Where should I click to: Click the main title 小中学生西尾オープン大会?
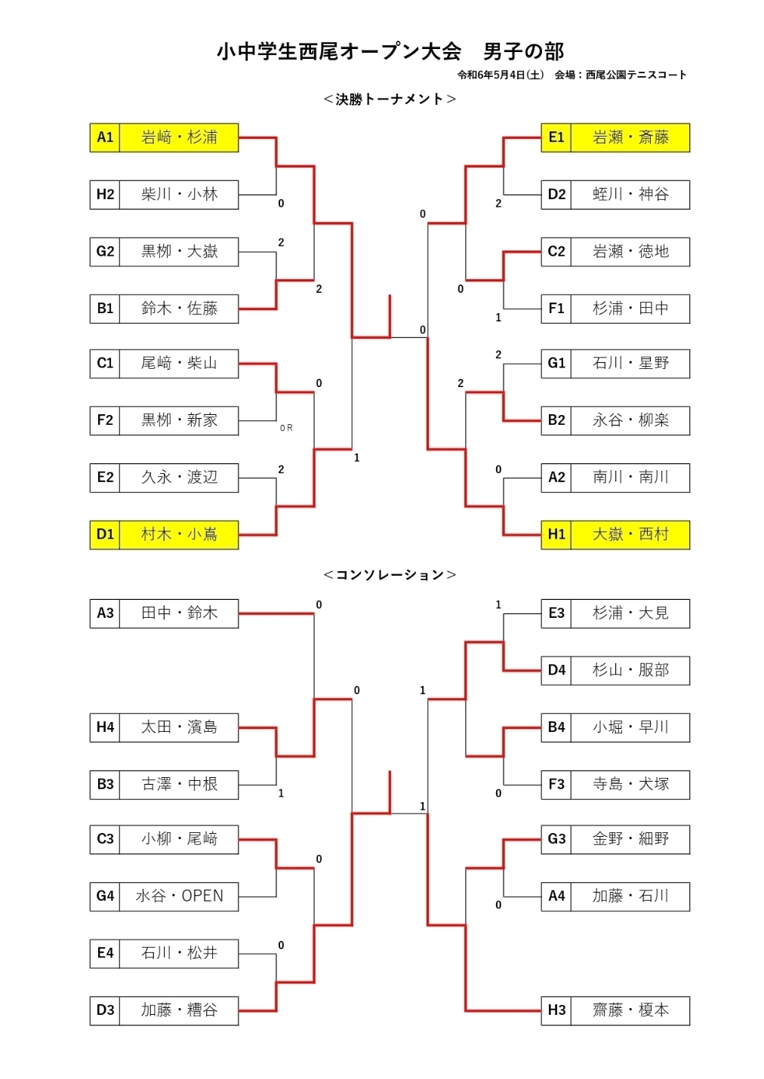click(339, 51)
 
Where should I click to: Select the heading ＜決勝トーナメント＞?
click(390, 99)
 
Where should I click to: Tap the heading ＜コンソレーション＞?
click(390, 575)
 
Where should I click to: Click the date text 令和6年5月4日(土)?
click(500, 75)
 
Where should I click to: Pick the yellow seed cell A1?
click(105, 137)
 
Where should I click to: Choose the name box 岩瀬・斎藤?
click(630, 137)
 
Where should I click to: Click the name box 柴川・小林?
click(179, 195)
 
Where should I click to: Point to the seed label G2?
click(105, 251)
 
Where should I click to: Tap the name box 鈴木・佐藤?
click(179, 309)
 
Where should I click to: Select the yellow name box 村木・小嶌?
click(179, 534)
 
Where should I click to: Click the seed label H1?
click(556, 534)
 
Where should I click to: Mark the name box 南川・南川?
click(630, 478)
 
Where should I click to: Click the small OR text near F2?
click(286, 428)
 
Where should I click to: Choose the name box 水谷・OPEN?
click(179, 896)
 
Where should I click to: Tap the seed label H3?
click(556, 1010)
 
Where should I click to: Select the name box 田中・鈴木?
click(179, 613)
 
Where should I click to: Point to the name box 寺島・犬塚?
click(630, 785)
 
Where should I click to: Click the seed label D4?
click(556, 670)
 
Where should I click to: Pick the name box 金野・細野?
click(630, 839)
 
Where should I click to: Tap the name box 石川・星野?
click(630, 364)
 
